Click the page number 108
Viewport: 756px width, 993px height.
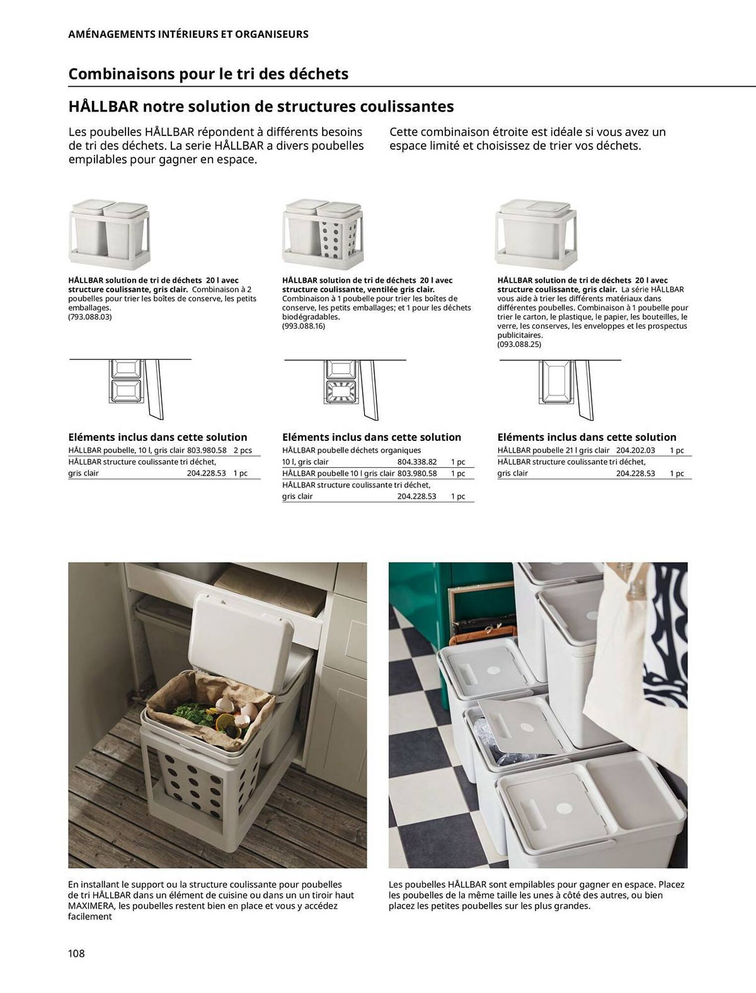(76, 953)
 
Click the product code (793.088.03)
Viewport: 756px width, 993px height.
(90, 317)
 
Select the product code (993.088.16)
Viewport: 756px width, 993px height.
(303, 326)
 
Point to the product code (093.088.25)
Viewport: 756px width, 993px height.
(519, 344)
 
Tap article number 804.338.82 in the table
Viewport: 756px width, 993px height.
(417, 462)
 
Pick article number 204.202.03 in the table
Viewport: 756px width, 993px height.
(635, 450)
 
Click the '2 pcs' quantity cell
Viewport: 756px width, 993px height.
(242, 450)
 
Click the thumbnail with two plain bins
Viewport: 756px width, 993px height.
(108, 233)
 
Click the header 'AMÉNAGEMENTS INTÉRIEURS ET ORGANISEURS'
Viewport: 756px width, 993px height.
(188, 34)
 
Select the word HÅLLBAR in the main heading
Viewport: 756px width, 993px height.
(103, 107)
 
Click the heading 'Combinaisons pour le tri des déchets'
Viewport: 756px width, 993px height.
(208, 74)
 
